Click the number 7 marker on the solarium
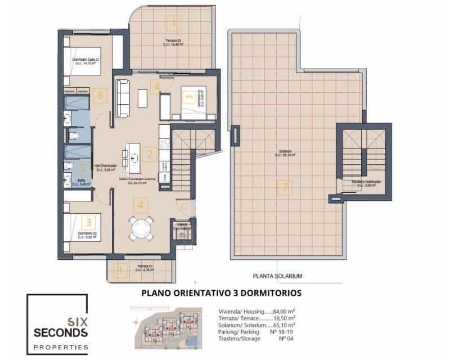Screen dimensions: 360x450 point(285,188)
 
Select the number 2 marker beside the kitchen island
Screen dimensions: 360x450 point(149,154)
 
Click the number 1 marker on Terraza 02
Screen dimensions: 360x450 point(174,24)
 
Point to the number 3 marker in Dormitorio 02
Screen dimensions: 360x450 point(88,223)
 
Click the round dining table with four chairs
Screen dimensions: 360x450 point(141,228)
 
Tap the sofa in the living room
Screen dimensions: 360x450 point(122,98)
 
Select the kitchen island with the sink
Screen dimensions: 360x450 point(134,158)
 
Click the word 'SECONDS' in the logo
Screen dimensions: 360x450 point(60,332)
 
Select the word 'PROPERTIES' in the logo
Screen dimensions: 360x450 point(60,347)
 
